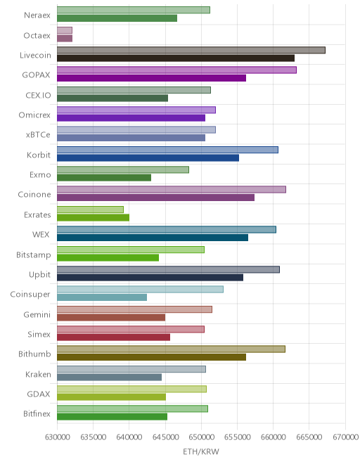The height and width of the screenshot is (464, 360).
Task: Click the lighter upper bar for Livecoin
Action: click(191, 50)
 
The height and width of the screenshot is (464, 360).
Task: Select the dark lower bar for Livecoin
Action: click(176, 58)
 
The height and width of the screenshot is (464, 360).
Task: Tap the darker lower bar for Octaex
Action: click(65, 38)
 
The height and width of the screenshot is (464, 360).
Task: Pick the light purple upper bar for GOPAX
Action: click(176, 70)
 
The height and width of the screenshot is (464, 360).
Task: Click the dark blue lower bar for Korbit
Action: click(148, 157)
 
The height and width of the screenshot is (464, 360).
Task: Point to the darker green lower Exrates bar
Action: click(93, 217)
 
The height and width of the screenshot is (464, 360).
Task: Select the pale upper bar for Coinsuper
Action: click(140, 290)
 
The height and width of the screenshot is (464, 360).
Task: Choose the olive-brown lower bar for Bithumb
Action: click(152, 357)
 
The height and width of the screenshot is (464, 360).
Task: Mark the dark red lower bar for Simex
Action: click(113, 337)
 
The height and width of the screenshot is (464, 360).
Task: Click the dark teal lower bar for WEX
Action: click(153, 238)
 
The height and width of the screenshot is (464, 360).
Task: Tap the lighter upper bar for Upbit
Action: click(168, 269)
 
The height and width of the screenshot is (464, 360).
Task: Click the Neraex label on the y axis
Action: click(37, 15)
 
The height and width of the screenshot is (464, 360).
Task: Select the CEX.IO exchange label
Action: click(38, 96)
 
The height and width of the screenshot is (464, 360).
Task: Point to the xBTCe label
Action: click(38, 135)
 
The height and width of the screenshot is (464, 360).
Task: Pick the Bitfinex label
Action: click(37, 413)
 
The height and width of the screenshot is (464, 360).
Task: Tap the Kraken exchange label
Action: click(38, 374)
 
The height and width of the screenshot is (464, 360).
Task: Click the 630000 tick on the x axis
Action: click(57, 437)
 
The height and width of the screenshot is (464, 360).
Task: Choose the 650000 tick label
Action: click(201, 437)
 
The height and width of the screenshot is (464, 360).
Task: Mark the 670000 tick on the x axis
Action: click(345, 437)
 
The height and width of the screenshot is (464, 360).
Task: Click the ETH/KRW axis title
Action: click(201, 451)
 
